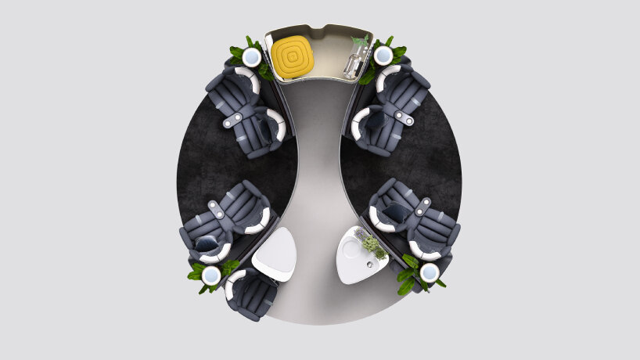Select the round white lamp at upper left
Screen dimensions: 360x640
coord(251,57)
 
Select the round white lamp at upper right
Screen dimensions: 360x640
coord(383,56)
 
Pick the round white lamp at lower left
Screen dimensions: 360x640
coord(210,275)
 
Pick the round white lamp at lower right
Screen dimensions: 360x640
coord(430,272)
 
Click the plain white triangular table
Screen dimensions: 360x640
coord(273,255)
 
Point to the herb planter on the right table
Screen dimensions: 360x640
coord(372,246)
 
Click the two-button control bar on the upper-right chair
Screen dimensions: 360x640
coord(404,117)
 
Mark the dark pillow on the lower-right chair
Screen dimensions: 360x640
coord(394,214)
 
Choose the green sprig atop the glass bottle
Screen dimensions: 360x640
coord(360,41)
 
